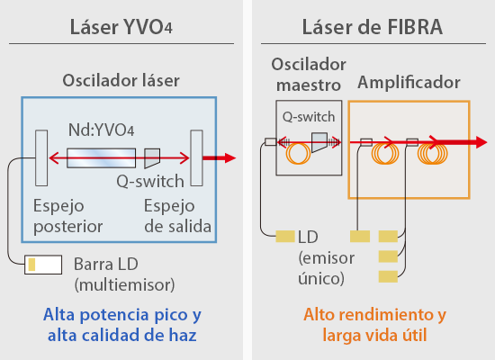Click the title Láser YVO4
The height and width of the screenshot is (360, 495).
coord(121,27)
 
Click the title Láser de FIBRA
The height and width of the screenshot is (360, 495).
coord(373,27)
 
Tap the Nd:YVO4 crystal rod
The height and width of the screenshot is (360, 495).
coord(102,157)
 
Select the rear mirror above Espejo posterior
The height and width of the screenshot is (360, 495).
coord(41,157)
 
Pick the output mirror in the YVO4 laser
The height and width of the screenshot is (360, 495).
coord(196,157)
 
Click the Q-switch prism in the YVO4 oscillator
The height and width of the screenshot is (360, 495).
coord(152,158)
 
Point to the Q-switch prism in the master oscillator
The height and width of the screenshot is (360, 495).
coord(319,142)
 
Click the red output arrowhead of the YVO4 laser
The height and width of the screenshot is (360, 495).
coord(230,157)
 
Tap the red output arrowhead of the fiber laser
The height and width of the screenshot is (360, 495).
coord(481,142)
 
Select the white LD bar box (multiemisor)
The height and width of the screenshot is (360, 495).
coord(43,265)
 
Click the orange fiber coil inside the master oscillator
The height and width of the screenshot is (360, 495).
coord(298,154)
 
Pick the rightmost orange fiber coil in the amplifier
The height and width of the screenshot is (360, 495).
coord(433,154)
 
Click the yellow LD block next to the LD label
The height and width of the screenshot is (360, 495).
coord(285,236)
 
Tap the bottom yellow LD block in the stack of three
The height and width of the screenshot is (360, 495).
coord(388,276)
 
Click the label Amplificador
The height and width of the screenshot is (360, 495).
coord(409,83)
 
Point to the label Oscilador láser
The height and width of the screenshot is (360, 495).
coord(121,80)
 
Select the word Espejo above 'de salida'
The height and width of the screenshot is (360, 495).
coord(169,206)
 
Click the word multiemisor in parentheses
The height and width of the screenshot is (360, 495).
coord(125,284)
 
